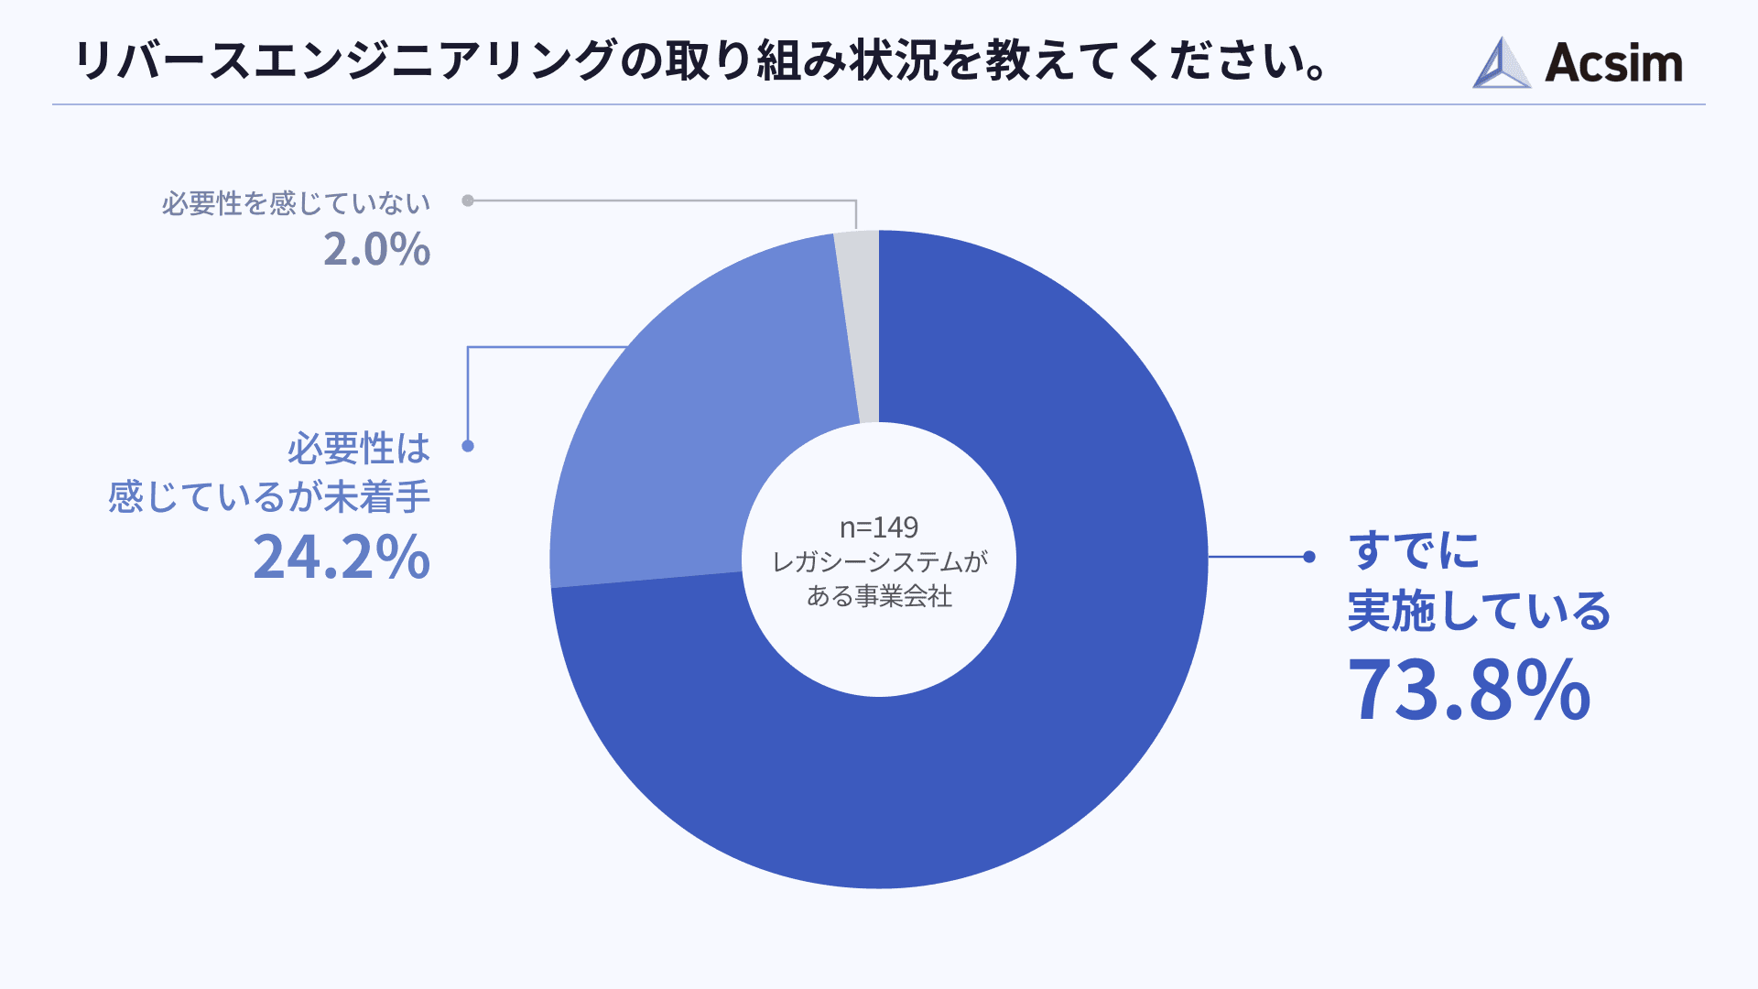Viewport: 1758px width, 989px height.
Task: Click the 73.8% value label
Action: [1469, 690]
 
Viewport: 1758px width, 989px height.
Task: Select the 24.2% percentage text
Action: [342, 557]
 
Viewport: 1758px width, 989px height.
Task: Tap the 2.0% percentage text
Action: [376, 249]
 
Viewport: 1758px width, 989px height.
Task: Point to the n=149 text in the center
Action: [879, 527]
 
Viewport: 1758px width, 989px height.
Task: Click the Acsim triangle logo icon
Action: [1501, 63]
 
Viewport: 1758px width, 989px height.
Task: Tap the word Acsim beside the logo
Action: [1613, 63]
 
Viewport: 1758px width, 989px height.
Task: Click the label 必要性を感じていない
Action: [296, 203]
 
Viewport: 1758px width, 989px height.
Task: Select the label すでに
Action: [1414, 551]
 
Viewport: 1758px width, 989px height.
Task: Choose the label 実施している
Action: [1479, 611]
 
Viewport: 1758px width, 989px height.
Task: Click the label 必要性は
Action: [358, 449]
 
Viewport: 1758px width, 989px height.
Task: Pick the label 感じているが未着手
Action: [269, 497]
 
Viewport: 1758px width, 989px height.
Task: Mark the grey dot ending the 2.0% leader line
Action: [468, 201]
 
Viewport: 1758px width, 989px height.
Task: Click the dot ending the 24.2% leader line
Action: [468, 446]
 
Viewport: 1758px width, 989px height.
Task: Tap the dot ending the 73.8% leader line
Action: [1309, 557]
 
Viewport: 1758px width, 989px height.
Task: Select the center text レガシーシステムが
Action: [879, 561]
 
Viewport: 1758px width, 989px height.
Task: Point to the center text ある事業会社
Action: [879, 596]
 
